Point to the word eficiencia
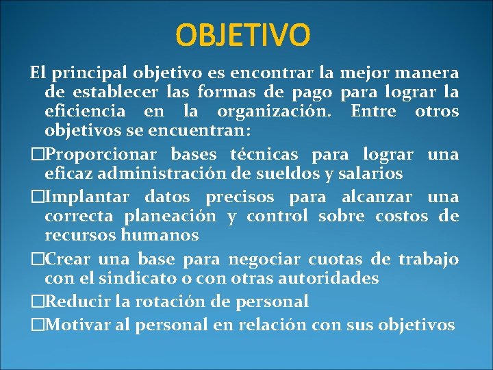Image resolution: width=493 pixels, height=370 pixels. (x=85, y=111)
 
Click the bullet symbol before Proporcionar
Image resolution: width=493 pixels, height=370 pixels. (x=36, y=155)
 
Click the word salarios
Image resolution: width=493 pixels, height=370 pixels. (x=370, y=174)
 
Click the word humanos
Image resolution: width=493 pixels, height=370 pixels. (x=164, y=236)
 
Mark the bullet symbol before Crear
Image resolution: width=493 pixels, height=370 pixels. (x=36, y=260)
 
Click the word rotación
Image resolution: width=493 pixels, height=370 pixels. (x=164, y=301)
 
